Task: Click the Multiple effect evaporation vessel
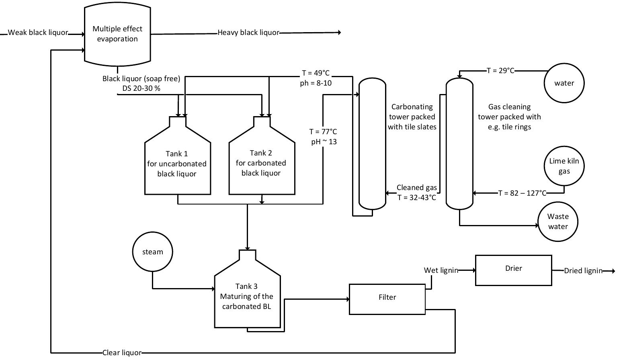point(117,35)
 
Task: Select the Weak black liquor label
point(38,33)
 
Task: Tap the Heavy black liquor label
point(248,33)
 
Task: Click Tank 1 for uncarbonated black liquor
point(177,164)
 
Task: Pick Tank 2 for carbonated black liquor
point(261,163)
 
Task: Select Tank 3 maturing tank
point(247,297)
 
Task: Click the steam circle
point(153,252)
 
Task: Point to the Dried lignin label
point(583,271)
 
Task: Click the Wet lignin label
point(441,270)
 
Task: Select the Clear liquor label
point(122,353)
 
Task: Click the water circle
point(564,83)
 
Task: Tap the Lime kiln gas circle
point(564,166)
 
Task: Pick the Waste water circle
point(558,222)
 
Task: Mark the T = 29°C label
point(500,71)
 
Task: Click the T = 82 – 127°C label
point(522,193)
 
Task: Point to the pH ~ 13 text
point(324,142)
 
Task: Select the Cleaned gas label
point(416,188)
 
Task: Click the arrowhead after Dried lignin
point(613,271)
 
